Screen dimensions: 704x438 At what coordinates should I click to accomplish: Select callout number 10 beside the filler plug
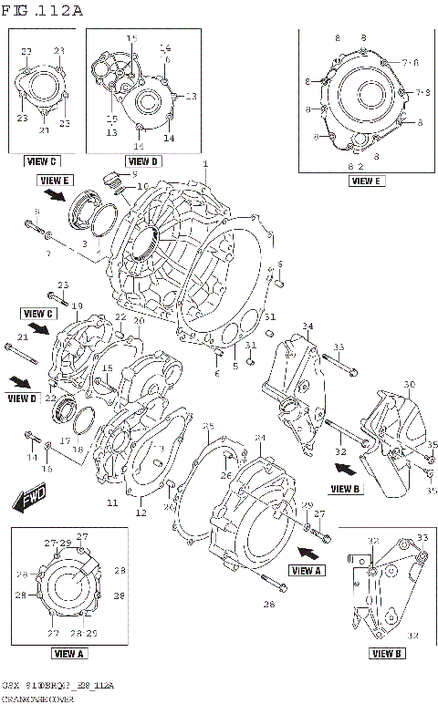coord(142,186)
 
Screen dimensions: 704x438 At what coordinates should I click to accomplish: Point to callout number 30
coord(409,385)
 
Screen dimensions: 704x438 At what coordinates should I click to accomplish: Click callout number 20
coord(139,321)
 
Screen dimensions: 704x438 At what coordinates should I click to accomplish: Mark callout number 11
coord(112,502)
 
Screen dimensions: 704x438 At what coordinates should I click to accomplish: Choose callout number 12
coord(141,512)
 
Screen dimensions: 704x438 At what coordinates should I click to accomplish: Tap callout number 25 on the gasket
coord(208,426)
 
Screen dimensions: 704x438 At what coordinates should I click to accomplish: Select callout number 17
coord(65,440)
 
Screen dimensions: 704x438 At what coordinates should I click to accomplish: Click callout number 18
coord(78,450)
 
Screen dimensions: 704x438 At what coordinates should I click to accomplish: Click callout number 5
coord(235,367)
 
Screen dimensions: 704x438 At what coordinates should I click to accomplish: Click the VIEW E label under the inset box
coord(365,181)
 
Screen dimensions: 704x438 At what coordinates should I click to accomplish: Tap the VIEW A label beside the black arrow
coord(308,570)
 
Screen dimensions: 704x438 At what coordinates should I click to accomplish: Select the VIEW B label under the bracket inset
coord(387,653)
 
